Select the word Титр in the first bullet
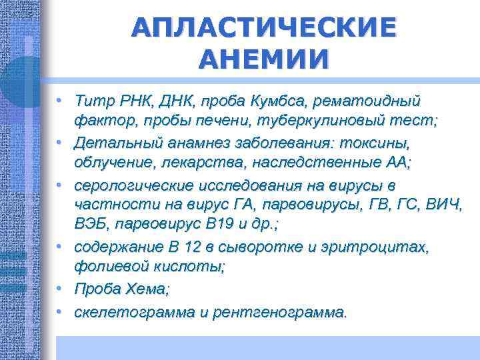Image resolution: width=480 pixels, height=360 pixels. point(93,101)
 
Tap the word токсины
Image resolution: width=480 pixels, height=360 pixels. point(375,143)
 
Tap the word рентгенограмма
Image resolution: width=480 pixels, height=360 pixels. point(279,311)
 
